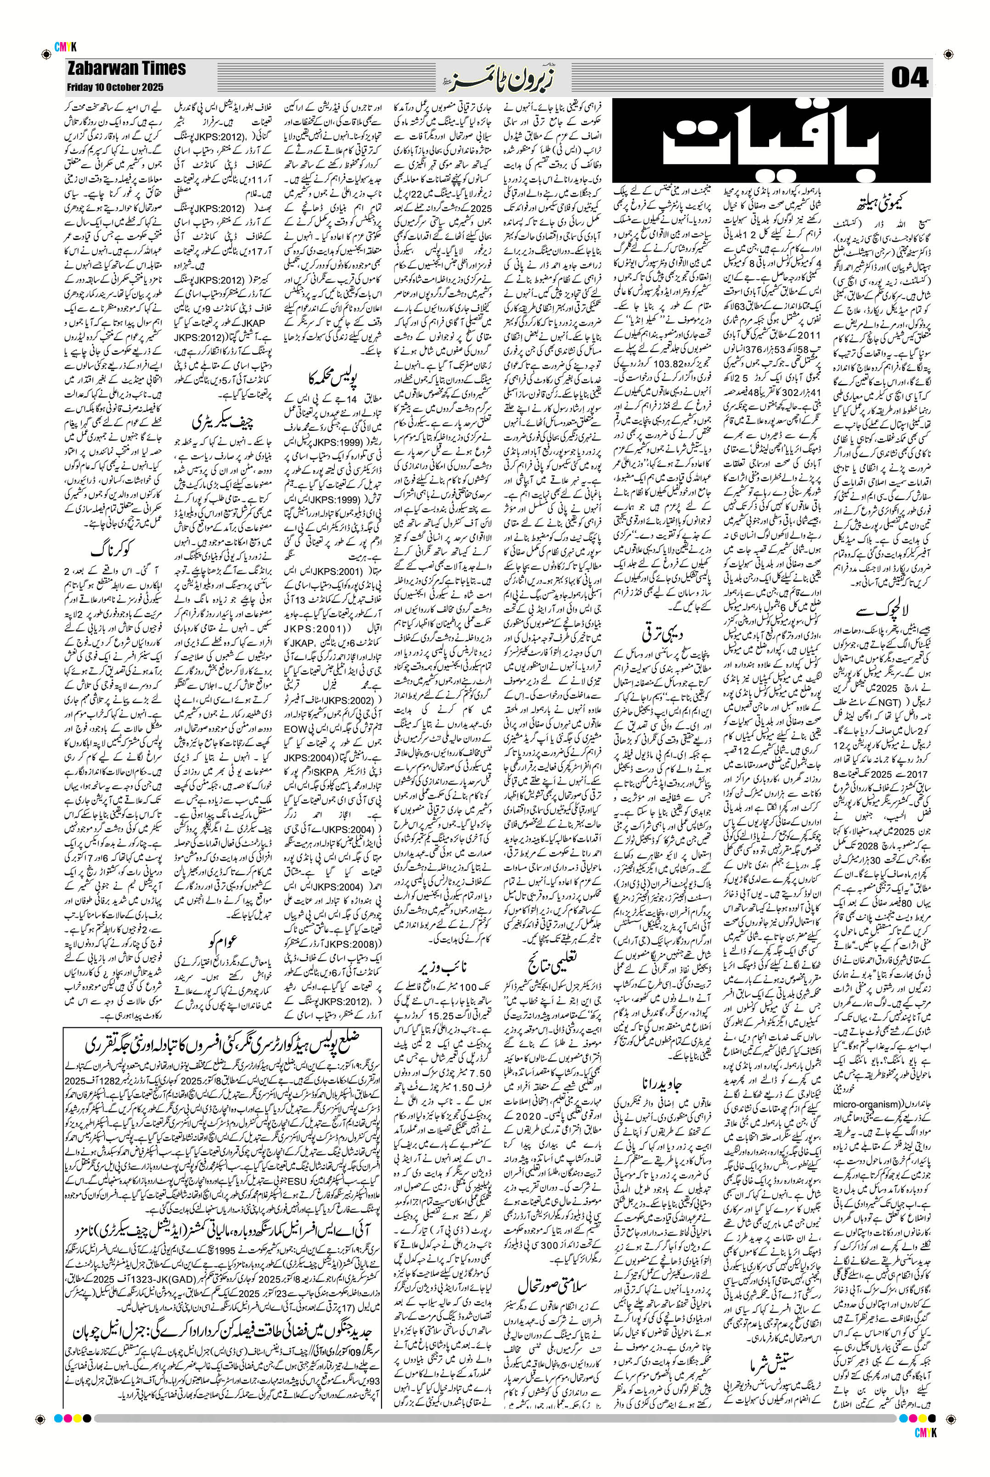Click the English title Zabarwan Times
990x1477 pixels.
[x=126, y=68]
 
